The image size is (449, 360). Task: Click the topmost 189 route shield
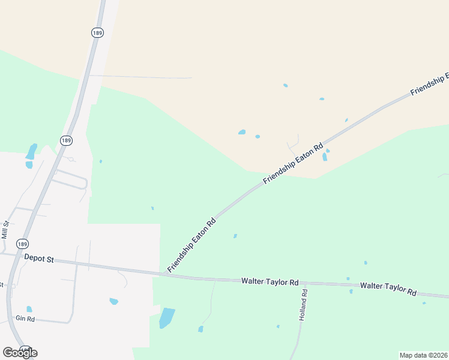[x=97, y=32]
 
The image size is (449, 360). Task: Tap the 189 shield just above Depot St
[x=22, y=244]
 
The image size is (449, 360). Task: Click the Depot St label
[x=39, y=258]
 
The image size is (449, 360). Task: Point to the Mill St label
[x=5, y=230]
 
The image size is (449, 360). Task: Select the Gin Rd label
[x=25, y=319]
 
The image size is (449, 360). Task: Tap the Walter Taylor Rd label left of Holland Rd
[x=270, y=281]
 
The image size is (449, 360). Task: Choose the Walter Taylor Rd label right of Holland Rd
[x=388, y=288]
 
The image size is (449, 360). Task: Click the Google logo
[x=20, y=352]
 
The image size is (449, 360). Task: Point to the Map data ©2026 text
[x=423, y=355]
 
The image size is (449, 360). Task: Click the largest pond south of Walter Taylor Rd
[x=166, y=317]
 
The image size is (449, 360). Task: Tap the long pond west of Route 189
[x=31, y=151]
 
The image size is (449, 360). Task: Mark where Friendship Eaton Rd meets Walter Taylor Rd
[x=163, y=274]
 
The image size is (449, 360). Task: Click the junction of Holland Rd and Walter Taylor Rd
[x=303, y=283]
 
